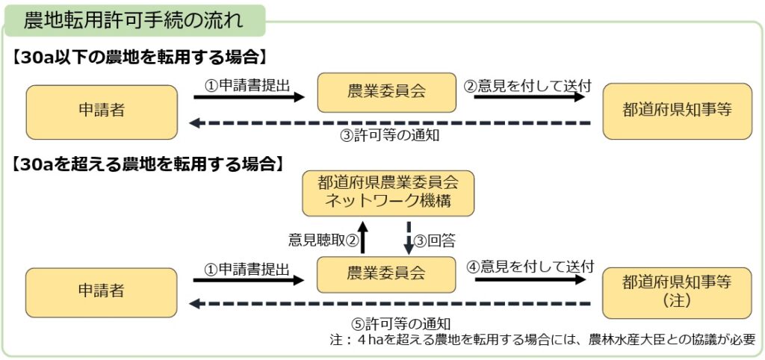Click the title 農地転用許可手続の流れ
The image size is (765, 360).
(133, 20)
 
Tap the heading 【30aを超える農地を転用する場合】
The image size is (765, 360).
(147, 164)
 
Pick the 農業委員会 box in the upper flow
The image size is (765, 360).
(386, 93)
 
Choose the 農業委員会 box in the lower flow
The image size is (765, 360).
(386, 274)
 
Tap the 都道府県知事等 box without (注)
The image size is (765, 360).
(677, 111)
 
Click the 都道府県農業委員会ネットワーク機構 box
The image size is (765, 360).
(387, 193)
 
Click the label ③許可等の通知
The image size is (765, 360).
(390, 136)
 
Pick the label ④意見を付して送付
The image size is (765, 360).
(530, 266)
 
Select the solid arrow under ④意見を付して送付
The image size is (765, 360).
(530, 279)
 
